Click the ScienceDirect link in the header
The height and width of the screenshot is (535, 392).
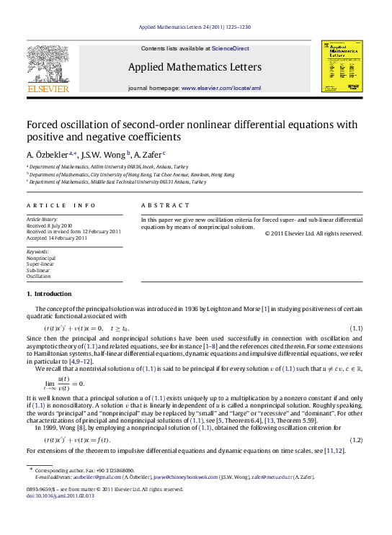pos(231,48)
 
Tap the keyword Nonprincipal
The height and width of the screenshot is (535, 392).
pos(41,257)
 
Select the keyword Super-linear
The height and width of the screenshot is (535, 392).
pos(40,264)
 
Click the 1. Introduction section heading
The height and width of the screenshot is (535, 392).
pos(49,294)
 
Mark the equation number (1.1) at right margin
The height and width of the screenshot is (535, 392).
pos(355,328)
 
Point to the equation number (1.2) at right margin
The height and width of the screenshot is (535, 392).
pos(355,439)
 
